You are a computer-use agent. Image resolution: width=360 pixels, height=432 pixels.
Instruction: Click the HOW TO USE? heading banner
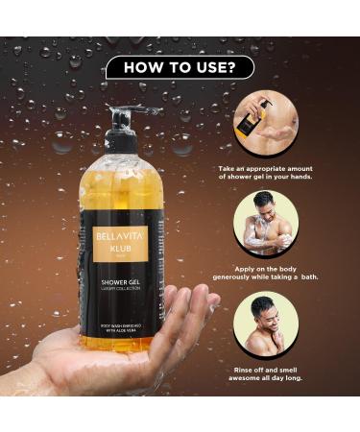(x=180, y=66)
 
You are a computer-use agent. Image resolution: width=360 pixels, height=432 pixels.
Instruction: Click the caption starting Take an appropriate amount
(x=265, y=172)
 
